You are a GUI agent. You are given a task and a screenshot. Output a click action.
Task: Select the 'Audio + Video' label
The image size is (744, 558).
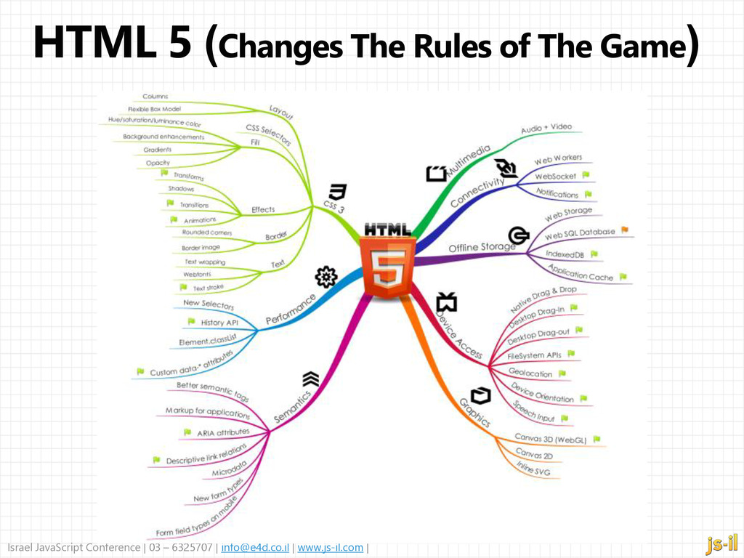[x=546, y=129]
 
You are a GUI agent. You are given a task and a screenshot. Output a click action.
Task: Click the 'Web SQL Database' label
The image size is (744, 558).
[x=579, y=233]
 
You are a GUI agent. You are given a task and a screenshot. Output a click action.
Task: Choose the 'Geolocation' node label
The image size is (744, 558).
[x=530, y=373]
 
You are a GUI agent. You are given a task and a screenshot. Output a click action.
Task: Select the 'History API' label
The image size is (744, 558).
[x=219, y=322]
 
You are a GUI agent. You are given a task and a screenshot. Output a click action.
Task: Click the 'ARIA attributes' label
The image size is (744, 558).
[x=222, y=433]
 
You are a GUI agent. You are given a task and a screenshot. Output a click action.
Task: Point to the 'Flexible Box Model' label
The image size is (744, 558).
[x=154, y=109]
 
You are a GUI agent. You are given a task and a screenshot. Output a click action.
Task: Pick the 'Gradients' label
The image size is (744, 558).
[x=158, y=150]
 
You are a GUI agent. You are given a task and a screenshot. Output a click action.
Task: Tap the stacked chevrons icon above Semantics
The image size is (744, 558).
[x=311, y=379]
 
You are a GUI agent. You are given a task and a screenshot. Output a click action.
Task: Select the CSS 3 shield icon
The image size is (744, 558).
[x=337, y=192]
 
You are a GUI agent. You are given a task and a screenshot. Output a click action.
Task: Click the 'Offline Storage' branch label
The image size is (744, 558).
[x=481, y=248]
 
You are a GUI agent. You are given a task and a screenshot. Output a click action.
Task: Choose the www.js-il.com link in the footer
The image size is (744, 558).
[x=331, y=547]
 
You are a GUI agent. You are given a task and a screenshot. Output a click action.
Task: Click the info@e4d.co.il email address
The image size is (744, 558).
[x=254, y=547]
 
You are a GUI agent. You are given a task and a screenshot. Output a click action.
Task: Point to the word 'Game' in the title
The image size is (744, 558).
[x=650, y=48]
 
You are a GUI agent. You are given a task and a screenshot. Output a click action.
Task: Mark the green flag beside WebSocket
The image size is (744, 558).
[x=586, y=175]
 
